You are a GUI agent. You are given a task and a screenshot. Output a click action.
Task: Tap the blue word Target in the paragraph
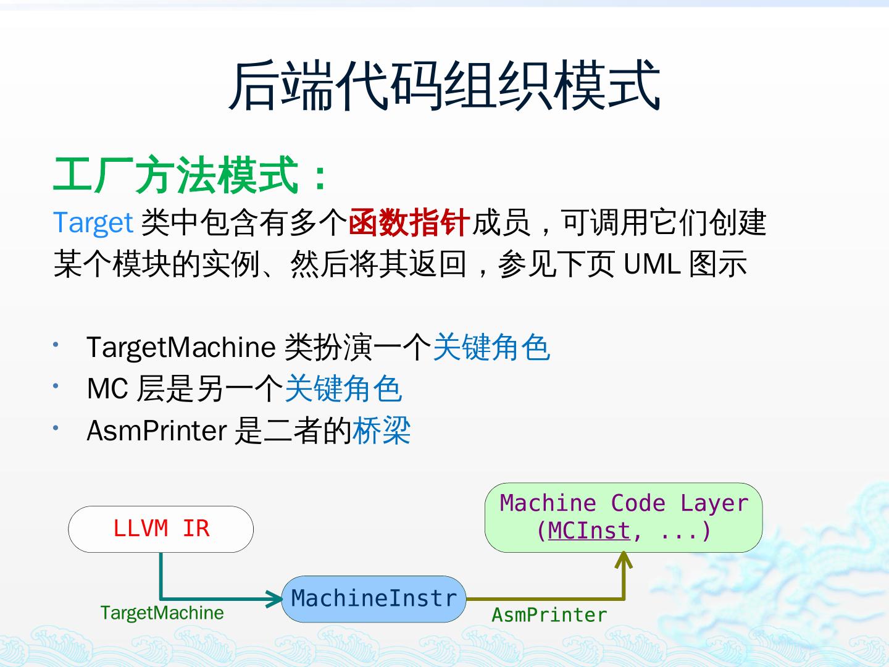[93, 223]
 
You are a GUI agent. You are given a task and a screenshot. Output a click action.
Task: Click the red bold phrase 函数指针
[409, 223]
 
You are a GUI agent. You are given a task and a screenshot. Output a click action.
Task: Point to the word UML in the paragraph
[652, 264]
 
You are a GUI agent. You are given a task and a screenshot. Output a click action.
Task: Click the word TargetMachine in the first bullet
[180, 347]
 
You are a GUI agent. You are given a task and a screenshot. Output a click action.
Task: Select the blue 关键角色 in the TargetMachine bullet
[491, 347]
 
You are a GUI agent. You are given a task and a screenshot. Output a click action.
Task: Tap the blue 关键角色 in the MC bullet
[343, 389]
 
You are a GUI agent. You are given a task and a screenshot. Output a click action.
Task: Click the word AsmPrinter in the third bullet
[157, 431]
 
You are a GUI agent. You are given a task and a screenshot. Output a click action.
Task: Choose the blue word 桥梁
[382, 431]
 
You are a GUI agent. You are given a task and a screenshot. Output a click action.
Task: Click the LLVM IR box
[161, 529]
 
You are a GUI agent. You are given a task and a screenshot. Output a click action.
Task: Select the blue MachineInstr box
[374, 598]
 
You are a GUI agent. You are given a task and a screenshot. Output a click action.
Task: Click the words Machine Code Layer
[624, 503]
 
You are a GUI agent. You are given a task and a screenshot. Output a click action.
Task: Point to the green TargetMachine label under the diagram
[162, 613]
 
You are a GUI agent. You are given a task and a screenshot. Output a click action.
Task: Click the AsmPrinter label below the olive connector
[549, 615]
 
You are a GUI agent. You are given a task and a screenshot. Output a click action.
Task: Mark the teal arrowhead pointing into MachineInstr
[274, 598]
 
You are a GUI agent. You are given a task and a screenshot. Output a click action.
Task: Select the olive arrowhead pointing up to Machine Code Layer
[624, 560]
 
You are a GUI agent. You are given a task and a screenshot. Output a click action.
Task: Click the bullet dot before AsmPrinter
[56, 427]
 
